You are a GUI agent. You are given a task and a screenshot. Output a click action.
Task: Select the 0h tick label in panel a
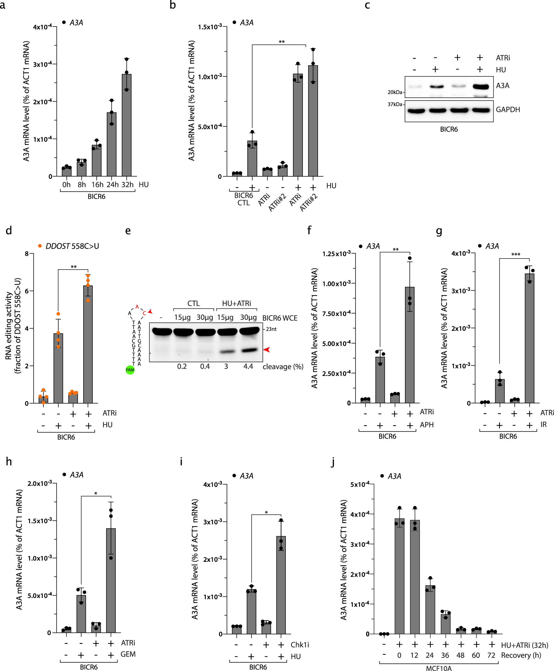click(66, 185)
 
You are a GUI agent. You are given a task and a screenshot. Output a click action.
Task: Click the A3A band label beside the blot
click(503, 86)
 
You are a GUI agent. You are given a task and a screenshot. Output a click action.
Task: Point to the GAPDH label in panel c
click(508, 110)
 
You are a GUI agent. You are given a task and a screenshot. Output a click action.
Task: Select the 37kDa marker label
click(395, 104)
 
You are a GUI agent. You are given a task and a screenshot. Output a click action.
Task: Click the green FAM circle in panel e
click(130, 370)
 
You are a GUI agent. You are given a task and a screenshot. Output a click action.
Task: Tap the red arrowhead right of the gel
click(267, 350)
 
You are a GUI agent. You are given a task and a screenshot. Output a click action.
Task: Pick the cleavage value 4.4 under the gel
click(248, 367)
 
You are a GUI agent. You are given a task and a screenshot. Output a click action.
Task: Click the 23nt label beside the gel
click(271, 329)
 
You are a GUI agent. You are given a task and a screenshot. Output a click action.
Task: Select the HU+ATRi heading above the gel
click(237, 303)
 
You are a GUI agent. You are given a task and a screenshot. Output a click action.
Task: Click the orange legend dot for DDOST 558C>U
click(40, 246)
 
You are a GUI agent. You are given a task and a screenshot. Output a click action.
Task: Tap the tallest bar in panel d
click(88, 344)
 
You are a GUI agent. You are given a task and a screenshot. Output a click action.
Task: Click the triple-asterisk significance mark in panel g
click(516, 254)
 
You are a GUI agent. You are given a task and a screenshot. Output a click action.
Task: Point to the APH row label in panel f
click(427, 425)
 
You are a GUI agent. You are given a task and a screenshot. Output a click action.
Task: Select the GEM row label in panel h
click(128, 654)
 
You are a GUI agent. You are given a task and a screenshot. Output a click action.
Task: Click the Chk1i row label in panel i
click(300, 644)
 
